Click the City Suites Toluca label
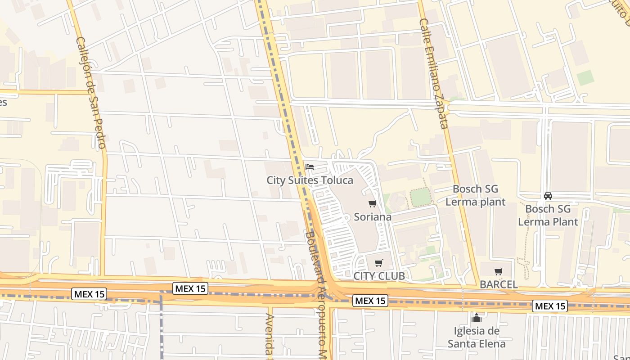(x=310, y=180)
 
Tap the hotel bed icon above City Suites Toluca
(x=310, y=166)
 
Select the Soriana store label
(x=373, y=216)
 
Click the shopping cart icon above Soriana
(x=372, y=204)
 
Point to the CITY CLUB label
(x=379, y=275)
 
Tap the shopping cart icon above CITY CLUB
(x=379, y=263)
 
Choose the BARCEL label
(x=499, y=284)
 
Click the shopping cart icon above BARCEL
(x=498, y=271)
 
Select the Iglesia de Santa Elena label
(x=477, y=337)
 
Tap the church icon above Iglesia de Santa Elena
(x=476, y=318)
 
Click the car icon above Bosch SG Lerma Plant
(x=548, y=196)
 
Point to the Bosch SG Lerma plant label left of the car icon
(x=476, y=195)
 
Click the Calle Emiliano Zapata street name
(x=434, y=73)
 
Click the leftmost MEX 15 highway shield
(x=89, y=294)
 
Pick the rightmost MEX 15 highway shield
(x=550, y=306)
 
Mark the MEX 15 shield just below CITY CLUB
(x=370, y=301)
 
